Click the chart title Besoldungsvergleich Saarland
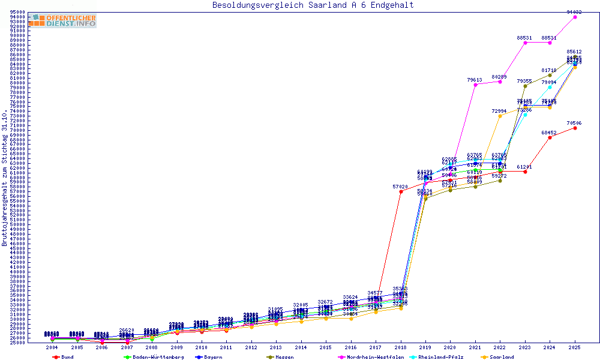(313, 5)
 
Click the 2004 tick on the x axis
(52, 347)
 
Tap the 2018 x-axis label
(401, 347)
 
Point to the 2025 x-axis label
(575, 347)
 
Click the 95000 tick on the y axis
(17, 12)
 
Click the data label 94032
(574, 12)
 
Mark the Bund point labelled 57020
(401, 192)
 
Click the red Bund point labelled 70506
(575, 128)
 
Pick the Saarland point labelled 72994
(500, 116)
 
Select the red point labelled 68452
(550, 137)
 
